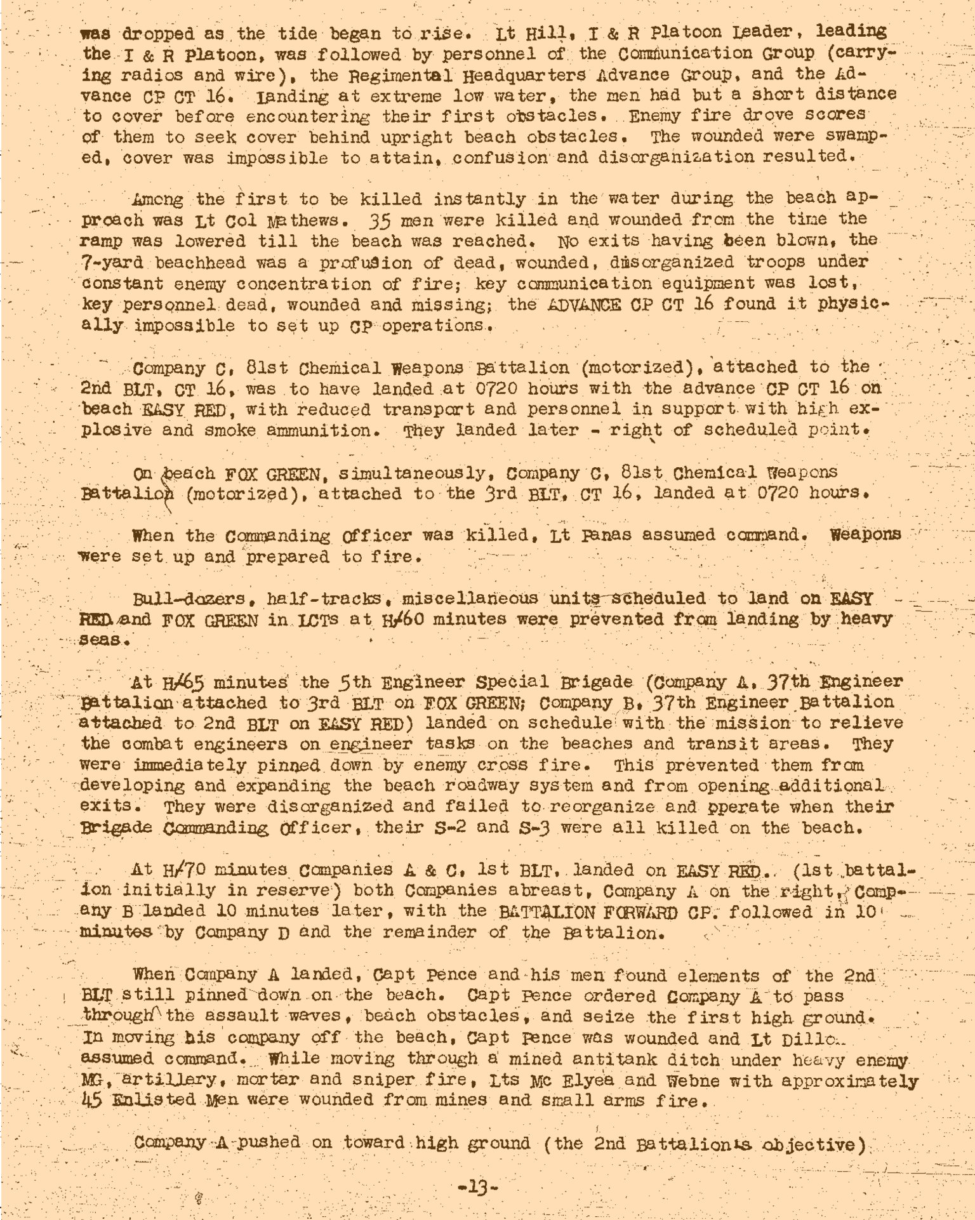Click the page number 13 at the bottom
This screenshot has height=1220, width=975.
[x=478, y=1186]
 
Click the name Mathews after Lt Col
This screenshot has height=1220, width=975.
[x=284, y=220]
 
